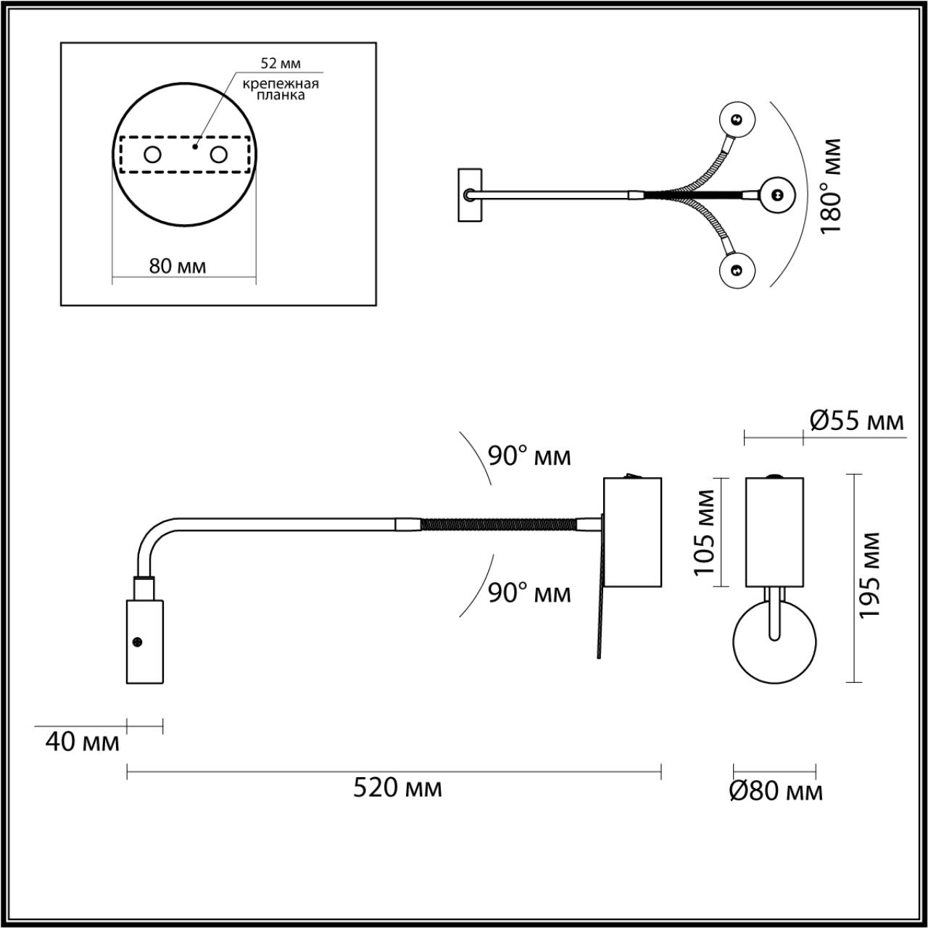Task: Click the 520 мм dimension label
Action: pos(397,787)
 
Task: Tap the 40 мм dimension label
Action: pos(82,742)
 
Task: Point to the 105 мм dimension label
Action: pos(704,532)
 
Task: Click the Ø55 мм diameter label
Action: pos(856,420)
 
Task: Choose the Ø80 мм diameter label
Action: pos(775,791)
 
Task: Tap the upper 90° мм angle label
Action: pos(529,456)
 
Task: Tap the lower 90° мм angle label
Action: pos(529,593)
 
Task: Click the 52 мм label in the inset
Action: pos(281,63)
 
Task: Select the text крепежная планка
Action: pos(281,89)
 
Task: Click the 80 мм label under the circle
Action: pos(178,266)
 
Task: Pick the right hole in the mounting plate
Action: pos(218,154)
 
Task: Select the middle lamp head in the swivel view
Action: pos(777,194)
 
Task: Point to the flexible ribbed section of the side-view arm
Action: pos(499,523)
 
